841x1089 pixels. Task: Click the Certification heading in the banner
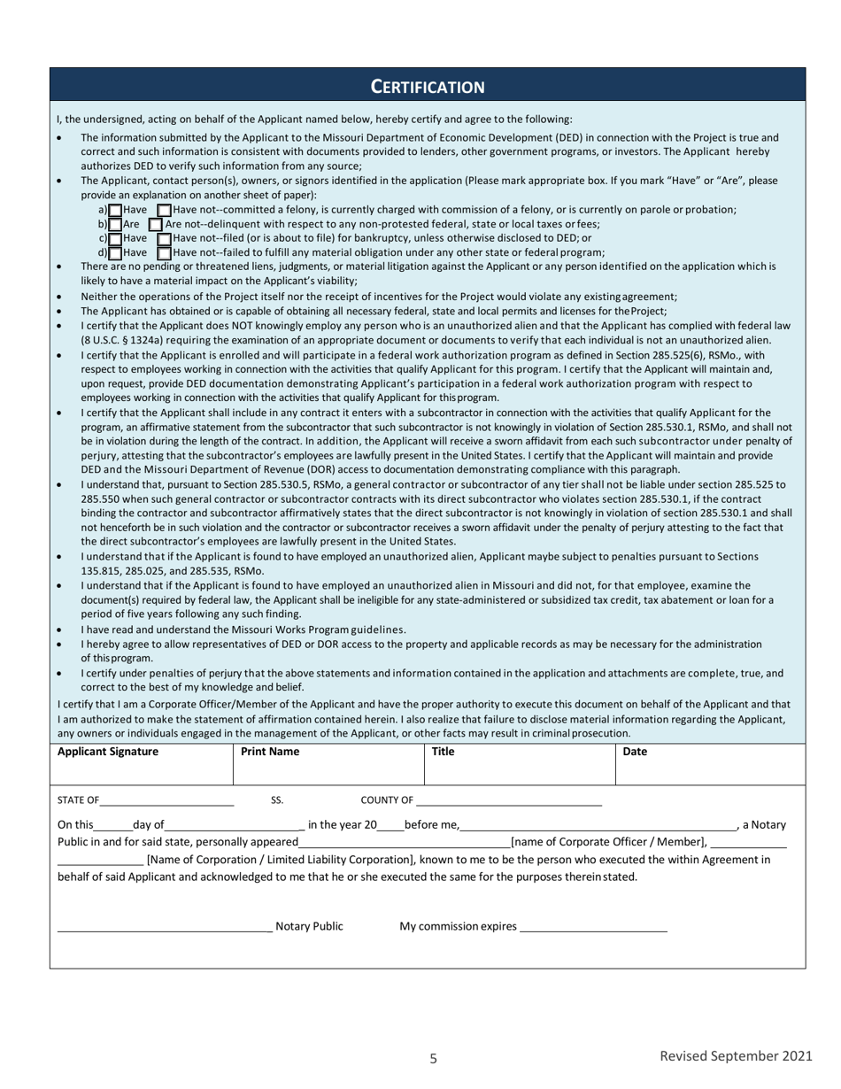tap(427, 87)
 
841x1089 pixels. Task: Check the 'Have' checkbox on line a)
tap(115, 210)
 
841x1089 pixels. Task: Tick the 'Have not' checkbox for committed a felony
tap(164, 210)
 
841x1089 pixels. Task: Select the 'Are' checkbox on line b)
tap(115, 225)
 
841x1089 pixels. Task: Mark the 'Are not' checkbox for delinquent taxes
tap(156, 225)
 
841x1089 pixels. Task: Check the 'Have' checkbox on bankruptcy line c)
tap(115, 239)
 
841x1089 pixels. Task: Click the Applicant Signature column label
tap(108, 752)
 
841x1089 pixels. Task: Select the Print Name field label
tap(270, 752)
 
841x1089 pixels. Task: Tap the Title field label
tap(443, 752)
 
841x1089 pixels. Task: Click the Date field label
tap(635, 752)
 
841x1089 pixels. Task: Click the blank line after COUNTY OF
tap(508, 802)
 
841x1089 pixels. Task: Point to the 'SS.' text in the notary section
tap(277, 800)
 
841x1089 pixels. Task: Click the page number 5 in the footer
tap(433, 1058)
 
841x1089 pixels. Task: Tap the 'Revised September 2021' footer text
tap(736, 1055)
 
